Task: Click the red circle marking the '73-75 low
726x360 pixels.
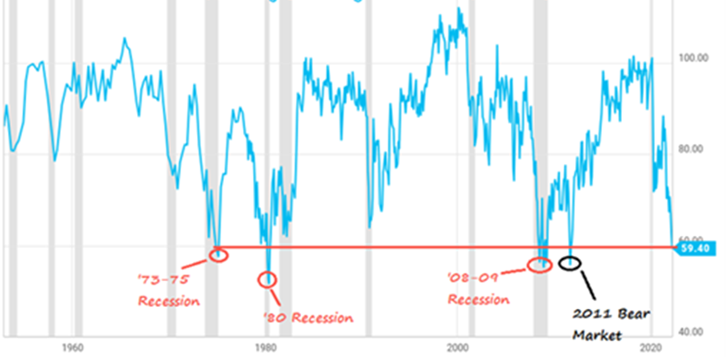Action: (219, 254)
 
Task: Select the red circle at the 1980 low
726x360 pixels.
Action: (268, 279)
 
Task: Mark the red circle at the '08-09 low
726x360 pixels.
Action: (540, 264)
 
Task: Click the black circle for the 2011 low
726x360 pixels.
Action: (570, 262)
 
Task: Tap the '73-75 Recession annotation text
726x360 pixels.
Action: (169, 291)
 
